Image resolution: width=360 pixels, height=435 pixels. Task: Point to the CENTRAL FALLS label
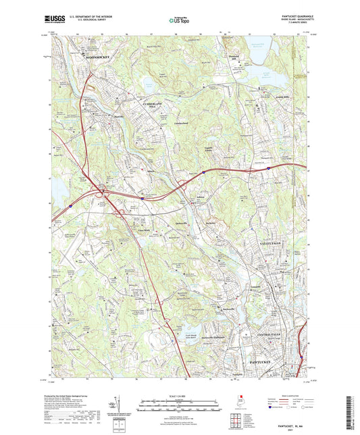(x=273, y=336)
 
